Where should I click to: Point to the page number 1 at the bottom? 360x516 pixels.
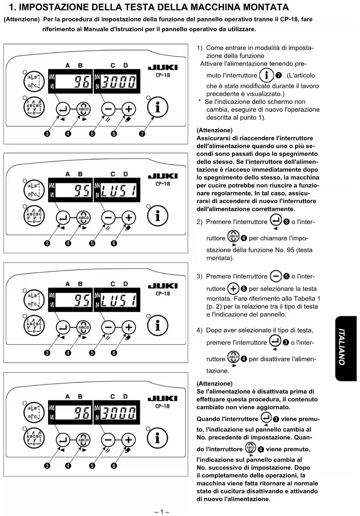coord(162,512)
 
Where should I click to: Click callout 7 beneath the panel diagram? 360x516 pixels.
coord(142,134)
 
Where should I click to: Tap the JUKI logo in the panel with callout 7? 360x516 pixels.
coord(163,67)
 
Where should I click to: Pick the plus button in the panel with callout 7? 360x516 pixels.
coord(129,109)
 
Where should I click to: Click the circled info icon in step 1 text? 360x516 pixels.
coord(266,75)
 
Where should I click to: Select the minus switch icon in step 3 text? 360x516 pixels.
coord(276,276)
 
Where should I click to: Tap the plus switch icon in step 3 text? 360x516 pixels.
coord(233,288)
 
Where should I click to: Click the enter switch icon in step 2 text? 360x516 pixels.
coord(276,221)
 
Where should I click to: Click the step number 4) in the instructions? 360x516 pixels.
coord(200,330)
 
